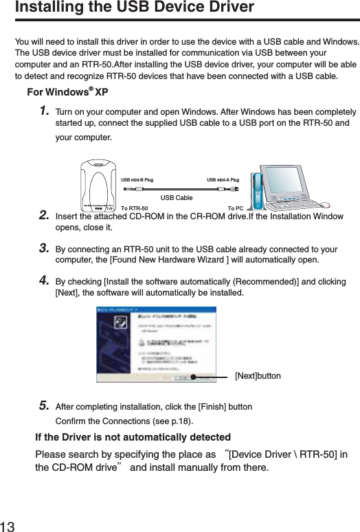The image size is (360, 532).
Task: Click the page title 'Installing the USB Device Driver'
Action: pyautogui.click(x=135, y=8)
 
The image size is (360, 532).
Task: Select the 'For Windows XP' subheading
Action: pyautogui.click(x=67, y=92)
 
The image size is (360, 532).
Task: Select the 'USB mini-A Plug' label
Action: pyautogui.click(x=223, y=180)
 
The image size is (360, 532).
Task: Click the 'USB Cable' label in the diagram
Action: pyautogui.click(x=177, y=197)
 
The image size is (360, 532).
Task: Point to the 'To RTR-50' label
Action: pyautogui.click(x=134, y=208)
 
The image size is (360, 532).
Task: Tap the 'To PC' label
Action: pyautogui.click(x=235, y=208)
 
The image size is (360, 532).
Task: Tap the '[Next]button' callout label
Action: pyautogui.click(x=258, y=377)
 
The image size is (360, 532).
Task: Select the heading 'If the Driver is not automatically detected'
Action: pyautogui.click(x=133, y=437)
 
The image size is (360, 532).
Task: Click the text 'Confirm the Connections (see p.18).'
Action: pyautogui.click(x=124, y=421)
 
